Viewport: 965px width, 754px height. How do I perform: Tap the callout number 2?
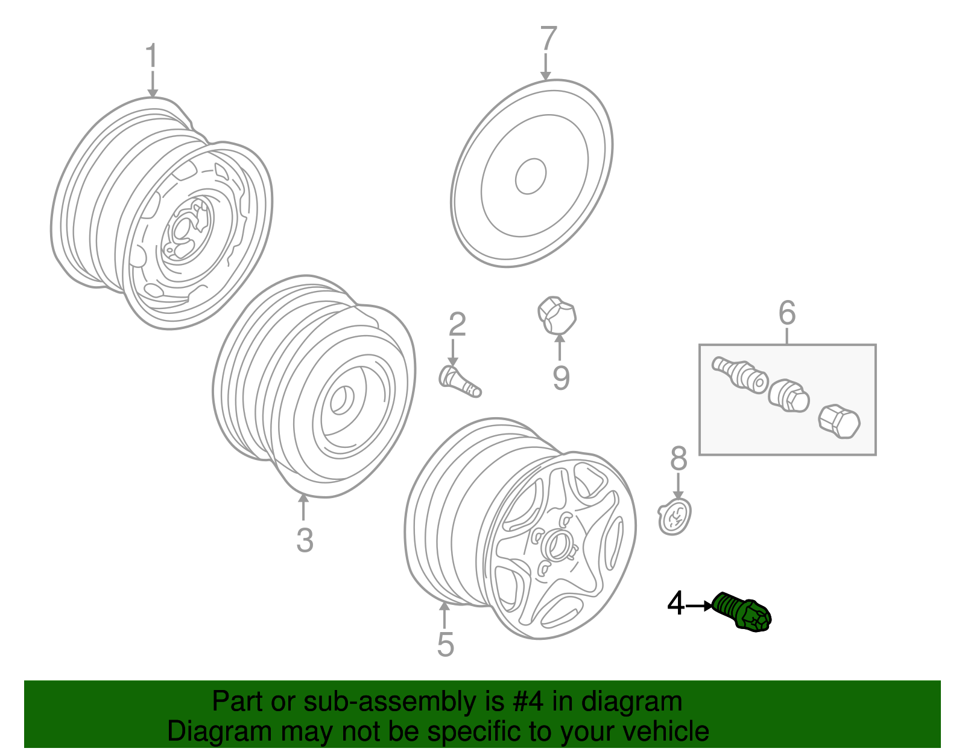click(457, 325)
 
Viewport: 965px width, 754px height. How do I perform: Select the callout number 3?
click(305, 540)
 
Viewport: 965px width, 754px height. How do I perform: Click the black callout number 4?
click(676, 604)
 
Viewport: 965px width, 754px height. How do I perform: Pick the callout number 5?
click(445, 645)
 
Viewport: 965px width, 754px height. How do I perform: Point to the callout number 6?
click(787, 313)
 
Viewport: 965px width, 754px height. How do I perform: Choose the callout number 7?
click(548, 39)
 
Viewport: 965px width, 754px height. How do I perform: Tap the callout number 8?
click(679, 459)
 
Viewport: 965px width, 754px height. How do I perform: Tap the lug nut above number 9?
click(557, 315)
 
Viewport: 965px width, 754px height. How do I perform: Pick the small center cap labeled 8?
click(674, 517)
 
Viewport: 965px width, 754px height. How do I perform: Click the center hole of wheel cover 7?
click(531, 176)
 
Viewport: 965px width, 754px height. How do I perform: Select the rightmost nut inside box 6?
click(839, 420)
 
